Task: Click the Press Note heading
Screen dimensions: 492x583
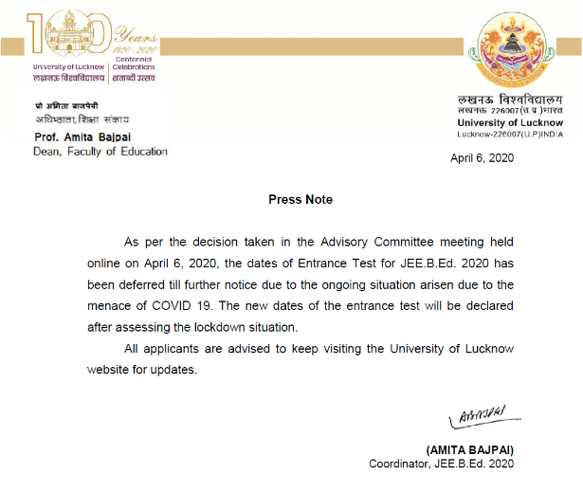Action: tap(301, 199)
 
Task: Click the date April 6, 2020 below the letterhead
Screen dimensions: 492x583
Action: tap(482, 158)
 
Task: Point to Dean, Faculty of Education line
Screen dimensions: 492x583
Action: tap(100, 152)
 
